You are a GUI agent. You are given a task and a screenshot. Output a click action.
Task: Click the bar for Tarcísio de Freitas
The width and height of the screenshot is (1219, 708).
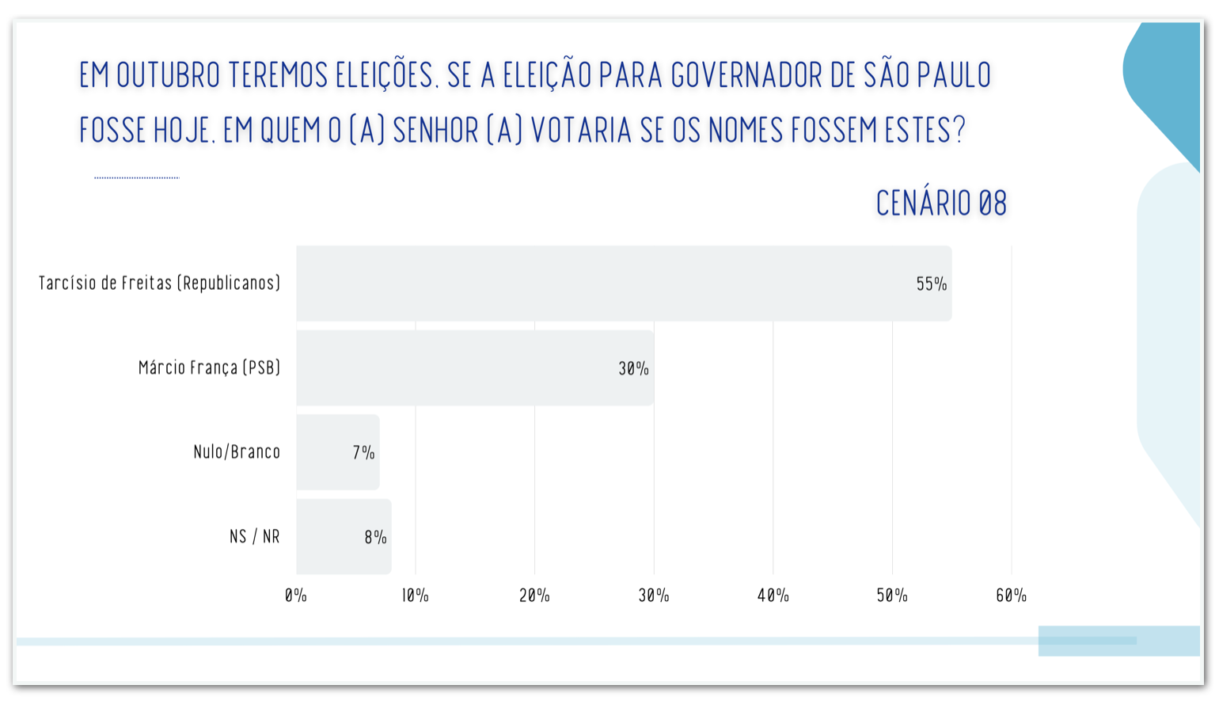624,284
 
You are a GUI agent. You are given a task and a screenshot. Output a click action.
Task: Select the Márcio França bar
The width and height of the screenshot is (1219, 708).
475,368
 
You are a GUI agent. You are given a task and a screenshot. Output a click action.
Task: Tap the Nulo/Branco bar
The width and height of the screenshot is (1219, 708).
338,452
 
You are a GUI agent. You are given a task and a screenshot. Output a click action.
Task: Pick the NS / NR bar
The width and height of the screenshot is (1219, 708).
344,537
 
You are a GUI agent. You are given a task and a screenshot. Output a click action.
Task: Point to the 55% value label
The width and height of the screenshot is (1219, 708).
931,284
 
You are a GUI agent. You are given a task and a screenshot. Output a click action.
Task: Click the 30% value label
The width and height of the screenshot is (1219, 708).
633,369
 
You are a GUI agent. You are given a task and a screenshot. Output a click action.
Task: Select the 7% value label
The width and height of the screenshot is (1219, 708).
363,453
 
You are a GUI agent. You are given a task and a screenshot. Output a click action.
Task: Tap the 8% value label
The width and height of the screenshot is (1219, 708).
375,538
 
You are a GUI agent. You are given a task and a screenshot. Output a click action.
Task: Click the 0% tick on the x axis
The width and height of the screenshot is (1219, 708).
296,596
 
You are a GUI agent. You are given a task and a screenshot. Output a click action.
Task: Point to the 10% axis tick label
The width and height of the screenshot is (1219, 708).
415,596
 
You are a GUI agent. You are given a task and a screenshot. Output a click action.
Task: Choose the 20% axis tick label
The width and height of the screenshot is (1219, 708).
534,596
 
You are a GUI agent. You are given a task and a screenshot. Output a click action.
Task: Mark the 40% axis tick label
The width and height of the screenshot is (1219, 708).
773,596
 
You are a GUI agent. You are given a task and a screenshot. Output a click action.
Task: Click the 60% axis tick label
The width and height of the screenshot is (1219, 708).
1011,596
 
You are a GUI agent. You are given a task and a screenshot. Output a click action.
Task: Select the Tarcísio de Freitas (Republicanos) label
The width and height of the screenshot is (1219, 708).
160,284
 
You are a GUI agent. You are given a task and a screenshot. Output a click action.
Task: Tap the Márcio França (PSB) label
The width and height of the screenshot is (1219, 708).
210,367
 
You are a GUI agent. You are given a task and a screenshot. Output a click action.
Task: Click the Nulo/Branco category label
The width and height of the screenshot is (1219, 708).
237,452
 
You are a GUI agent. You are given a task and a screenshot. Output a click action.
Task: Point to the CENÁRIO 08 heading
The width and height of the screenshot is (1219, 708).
941,204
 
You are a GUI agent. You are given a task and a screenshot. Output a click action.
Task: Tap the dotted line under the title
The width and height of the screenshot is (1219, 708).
137,178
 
